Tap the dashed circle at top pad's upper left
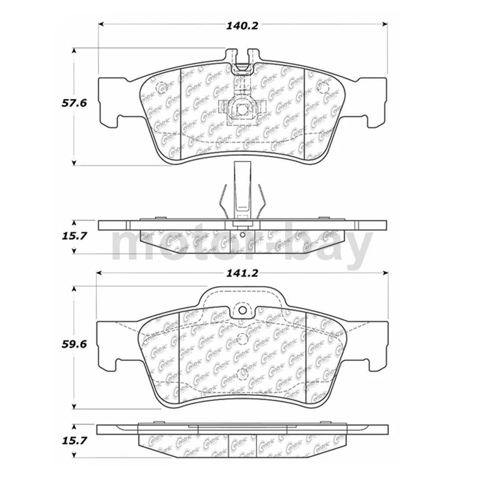162,86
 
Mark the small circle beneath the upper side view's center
242,233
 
